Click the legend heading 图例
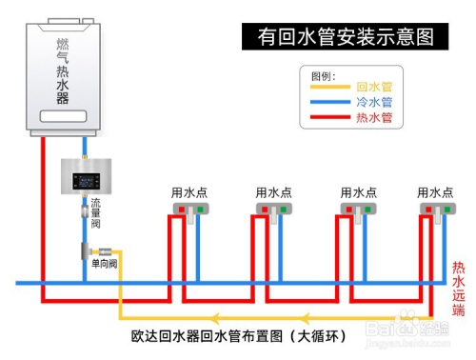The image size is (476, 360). (x=324, y=74)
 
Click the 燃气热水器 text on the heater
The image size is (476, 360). (x=63, y=71)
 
